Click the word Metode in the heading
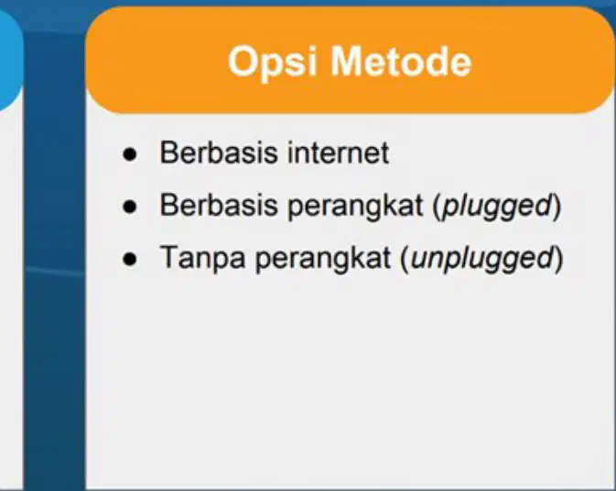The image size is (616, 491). (401, 61)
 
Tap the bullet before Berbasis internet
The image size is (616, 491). (130, 155)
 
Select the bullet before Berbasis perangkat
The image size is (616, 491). (130, 207)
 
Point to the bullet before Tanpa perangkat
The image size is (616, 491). (130, 259)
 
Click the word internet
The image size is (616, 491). (339, 153)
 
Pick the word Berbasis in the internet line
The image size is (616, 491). (219, 153)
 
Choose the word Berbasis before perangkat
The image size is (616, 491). (219, 205)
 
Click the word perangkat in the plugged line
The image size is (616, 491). (355, 207)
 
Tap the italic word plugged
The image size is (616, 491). (497, 207)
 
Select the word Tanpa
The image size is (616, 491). (202, 259)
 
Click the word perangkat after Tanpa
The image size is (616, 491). (323, 259)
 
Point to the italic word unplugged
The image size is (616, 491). (481, 259)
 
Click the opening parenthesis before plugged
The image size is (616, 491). (437, 207)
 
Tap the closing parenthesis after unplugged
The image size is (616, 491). (558, 259)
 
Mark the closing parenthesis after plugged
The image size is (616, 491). (557, 207)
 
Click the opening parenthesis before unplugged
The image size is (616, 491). (405, 259)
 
